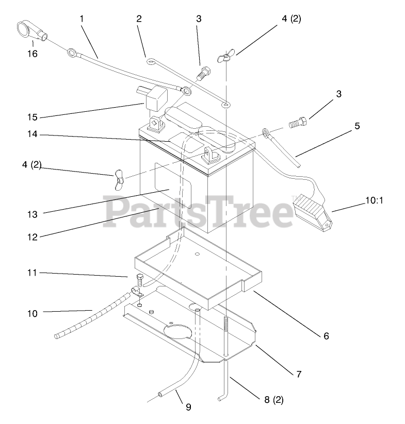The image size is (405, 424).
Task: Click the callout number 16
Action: [32, 53]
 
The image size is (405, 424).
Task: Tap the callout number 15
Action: [32, 117]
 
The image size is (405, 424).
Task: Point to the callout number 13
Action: [32, 213]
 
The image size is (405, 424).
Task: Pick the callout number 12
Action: [32, 237]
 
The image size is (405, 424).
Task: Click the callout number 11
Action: [32, 273]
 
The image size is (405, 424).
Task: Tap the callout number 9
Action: [188, 407]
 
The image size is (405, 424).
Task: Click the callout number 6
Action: [326, 336]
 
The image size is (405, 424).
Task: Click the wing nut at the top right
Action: [225, 57]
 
